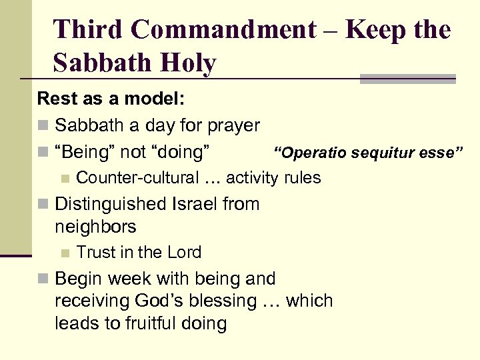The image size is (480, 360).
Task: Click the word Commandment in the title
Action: [223, 29]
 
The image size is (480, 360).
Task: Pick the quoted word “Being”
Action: [85, 152]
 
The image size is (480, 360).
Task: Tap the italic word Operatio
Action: [313, 153]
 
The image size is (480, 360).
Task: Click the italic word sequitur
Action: [384, 153]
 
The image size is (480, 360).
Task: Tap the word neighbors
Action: [95, 227]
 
